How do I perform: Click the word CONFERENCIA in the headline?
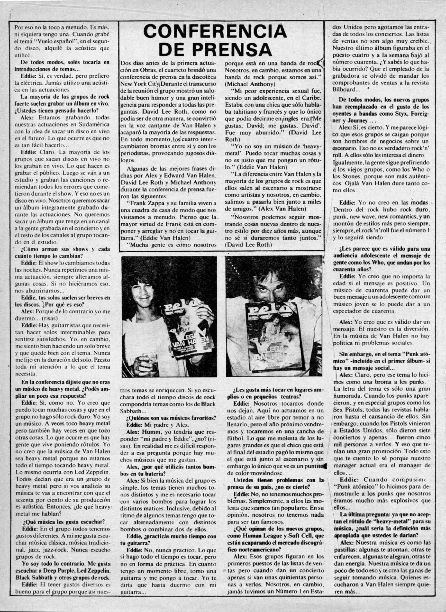pyautogui.click(x=215, y=32)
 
